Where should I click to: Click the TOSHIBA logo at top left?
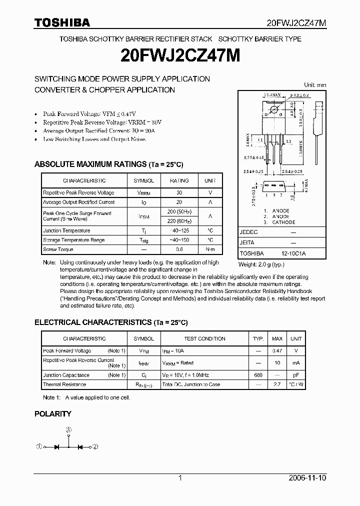62,22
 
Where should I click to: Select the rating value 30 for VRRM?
179,192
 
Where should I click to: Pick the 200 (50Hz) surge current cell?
179,212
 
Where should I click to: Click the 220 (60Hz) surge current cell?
179,221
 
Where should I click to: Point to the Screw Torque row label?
58,249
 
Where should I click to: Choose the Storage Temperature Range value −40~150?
179,240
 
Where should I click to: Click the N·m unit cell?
210,249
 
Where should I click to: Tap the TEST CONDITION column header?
205,339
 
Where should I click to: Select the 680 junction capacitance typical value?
258,375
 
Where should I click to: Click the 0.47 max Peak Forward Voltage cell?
277,351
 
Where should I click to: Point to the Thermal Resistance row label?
64,384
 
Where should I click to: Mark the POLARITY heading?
52,414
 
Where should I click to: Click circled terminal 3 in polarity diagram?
69,429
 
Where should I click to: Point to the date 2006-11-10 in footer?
308,478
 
